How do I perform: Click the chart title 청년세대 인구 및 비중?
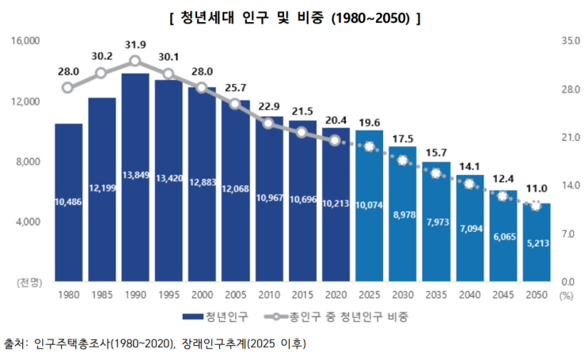(x=294, y=18)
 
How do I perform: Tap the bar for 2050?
(x=537, y=241)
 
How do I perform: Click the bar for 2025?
(x=370, y=206)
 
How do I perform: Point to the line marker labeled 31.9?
(x=135, y=61)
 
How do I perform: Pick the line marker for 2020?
(x=336, y=141)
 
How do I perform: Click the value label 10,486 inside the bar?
(x=68, y=203)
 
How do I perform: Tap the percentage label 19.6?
(x=369, y=123)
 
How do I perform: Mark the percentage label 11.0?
(x=537, y=188)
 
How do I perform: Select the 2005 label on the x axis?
(x=236, y=296)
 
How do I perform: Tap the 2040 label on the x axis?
(x=470, y=296)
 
